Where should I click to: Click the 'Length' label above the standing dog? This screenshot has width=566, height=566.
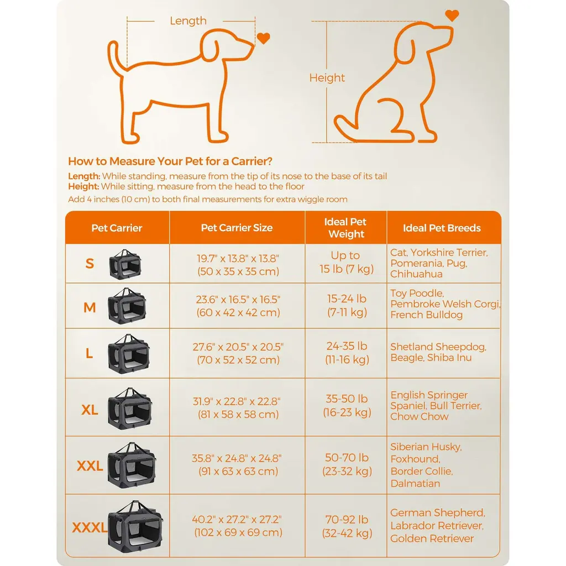click(x=188, y=21)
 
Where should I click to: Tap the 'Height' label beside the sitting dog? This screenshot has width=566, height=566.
click(x=327, y=77)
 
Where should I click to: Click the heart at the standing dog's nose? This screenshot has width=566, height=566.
click(x=264, y=38)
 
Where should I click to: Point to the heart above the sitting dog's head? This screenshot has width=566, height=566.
click(x=452, y=15)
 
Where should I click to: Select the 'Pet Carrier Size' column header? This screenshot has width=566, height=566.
click(x=237, y=228)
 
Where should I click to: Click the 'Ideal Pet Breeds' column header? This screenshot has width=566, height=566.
click(x=442, y=228)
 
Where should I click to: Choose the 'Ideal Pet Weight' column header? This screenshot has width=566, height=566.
click(x=345, y=228)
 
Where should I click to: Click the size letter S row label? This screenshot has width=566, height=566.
click(x=90, y=264)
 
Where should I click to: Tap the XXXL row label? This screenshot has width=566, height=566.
click(x=90, y=527)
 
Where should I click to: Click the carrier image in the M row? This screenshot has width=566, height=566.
click(x=127, y=306)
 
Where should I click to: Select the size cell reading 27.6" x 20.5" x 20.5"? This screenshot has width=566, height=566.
click(x=238, y=347)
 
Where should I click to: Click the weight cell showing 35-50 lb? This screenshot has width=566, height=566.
click(x=347, y=399)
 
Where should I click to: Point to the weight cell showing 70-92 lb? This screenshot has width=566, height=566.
click(x=347, y=520)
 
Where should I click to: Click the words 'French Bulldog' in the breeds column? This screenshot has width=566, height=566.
click(x=426, y=315)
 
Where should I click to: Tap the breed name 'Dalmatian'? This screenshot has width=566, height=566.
click(x=415, y=484)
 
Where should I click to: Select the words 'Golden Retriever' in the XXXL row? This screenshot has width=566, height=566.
click(x=432, y=538)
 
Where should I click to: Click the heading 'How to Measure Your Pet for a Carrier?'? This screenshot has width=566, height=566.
click(x=170, y=161)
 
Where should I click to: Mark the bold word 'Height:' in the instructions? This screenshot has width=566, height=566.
click(x=83, y=187)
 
